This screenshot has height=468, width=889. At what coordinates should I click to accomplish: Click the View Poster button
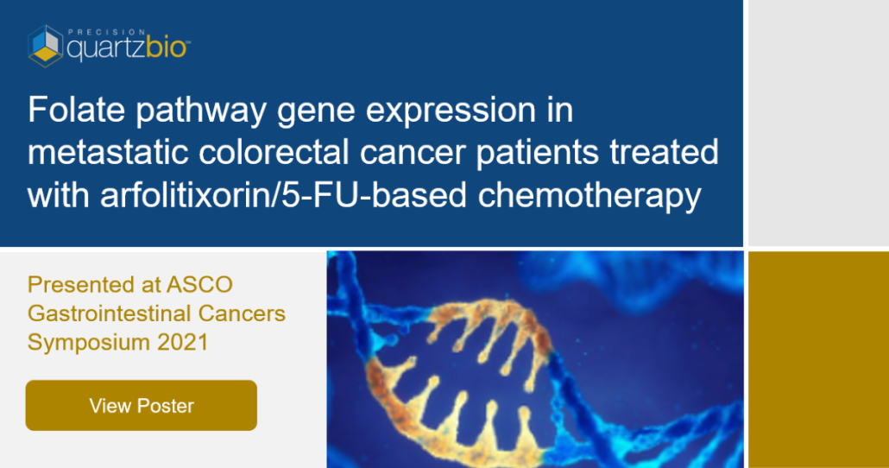(142, 405)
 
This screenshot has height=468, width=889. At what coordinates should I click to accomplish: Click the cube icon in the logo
(46, 46)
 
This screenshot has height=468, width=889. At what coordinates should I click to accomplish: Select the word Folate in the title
(76, 109)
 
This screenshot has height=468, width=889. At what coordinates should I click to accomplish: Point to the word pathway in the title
(201, 111)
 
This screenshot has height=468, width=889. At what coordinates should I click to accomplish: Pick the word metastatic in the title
(108, 153)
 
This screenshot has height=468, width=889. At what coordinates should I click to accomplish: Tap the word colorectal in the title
(274, 153)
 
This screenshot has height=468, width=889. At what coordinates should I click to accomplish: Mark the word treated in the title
(664, 153)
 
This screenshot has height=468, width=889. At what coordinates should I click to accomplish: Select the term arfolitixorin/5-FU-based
(283, 196)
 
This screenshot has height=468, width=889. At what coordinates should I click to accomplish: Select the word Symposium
(88, 343)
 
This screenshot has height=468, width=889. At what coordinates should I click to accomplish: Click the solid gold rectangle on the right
(819, 360)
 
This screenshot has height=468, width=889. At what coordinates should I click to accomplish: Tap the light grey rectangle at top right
(819, 123)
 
